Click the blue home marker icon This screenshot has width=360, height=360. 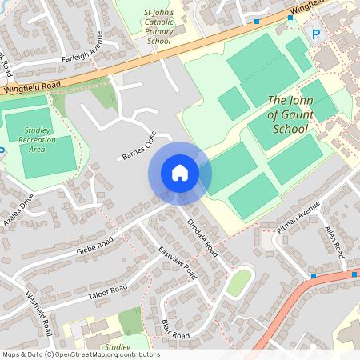pos(180,172)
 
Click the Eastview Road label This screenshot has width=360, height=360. pos(178,261)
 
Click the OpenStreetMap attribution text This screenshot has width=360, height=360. pos(80,354)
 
